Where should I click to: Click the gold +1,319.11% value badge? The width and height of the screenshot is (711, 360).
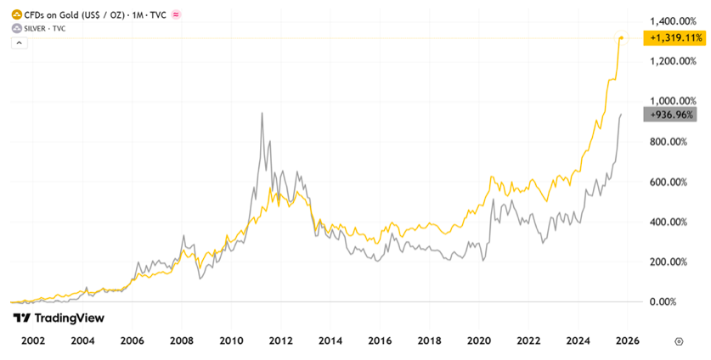click(x=675, y=38)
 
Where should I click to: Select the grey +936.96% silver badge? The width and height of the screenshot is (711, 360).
click(x=675, y=115)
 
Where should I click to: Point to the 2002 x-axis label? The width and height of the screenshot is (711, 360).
click(x=33, y=340)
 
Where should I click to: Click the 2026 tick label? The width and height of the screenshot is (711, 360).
click(x=628, y=340)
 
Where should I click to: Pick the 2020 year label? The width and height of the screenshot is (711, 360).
click(x=479, y=340)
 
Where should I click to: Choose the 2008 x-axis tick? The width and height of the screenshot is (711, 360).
click(x=182, y=340)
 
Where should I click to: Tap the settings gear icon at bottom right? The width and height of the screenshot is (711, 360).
click(x=679, y=340)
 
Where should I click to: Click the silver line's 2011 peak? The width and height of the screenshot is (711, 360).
click(x=262, y=113)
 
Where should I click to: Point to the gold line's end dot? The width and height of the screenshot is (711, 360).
click(x=622, y=38)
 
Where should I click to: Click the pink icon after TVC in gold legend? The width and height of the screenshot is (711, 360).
click(x=177, y=14)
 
